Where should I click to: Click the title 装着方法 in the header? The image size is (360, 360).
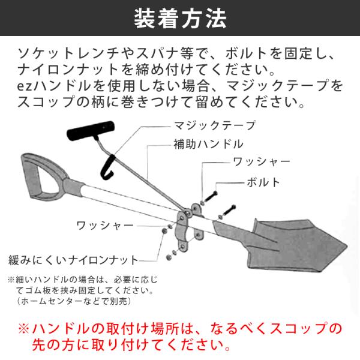pyautogui.click(x=180, y=19)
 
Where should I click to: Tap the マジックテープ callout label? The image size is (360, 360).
pyautogui.click(x=215, y=125)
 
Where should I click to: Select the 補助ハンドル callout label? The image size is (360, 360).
pyautogui.click(x=208, y=144)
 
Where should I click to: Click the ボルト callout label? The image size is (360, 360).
pyautogui.click(x=263, y=182)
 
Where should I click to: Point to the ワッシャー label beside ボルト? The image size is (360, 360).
pyautogui.click(x=262, y=162)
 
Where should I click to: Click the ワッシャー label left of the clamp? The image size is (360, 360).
pyautogui.click(x=105, y=226)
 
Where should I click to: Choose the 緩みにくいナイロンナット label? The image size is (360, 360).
pyautogui.click(x=73, y=260)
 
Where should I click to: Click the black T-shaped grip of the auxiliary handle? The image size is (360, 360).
pyautogui.click(x=91, y=131)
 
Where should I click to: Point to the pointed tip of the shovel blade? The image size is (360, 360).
pyautogui.click(x=346, y=247)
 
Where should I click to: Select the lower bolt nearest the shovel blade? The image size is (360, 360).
pyautogui.click(x=229, y=211)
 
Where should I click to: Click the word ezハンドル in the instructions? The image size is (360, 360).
pyautogui.click(x=54, y=85)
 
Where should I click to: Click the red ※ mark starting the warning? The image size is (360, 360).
pyautogui.click(x=24, y=329)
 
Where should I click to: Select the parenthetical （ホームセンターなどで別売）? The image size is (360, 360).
pyautogui.click(x=74, y=301)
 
